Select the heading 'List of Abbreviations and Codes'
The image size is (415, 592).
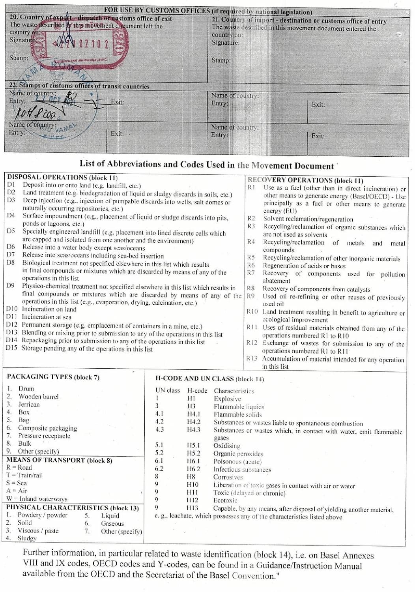pos(207,165)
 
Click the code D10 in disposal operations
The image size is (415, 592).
pos(12,309)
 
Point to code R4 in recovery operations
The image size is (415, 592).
pos(251,242)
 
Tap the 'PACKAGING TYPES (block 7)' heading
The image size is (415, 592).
pos(53,377)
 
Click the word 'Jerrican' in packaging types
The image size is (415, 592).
pos(29,404)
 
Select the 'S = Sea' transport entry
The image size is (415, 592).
pos(17,483)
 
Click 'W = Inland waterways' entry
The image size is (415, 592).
pos(37,499)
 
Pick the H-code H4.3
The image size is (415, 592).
pos(193,430)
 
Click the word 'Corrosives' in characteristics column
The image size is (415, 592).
pos(228,477)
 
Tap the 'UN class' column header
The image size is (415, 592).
pos(167,391)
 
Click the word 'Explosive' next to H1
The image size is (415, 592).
pos(227,399)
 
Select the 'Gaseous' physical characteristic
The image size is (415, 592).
pos(112,524)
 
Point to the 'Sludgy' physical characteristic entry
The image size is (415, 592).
pos(27,538)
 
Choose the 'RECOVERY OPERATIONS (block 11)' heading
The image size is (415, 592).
pos(305,180)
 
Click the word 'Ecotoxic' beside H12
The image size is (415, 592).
pos(225,500)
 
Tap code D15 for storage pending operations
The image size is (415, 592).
pos(12,348)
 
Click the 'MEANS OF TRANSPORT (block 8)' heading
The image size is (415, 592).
pos(59,460)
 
